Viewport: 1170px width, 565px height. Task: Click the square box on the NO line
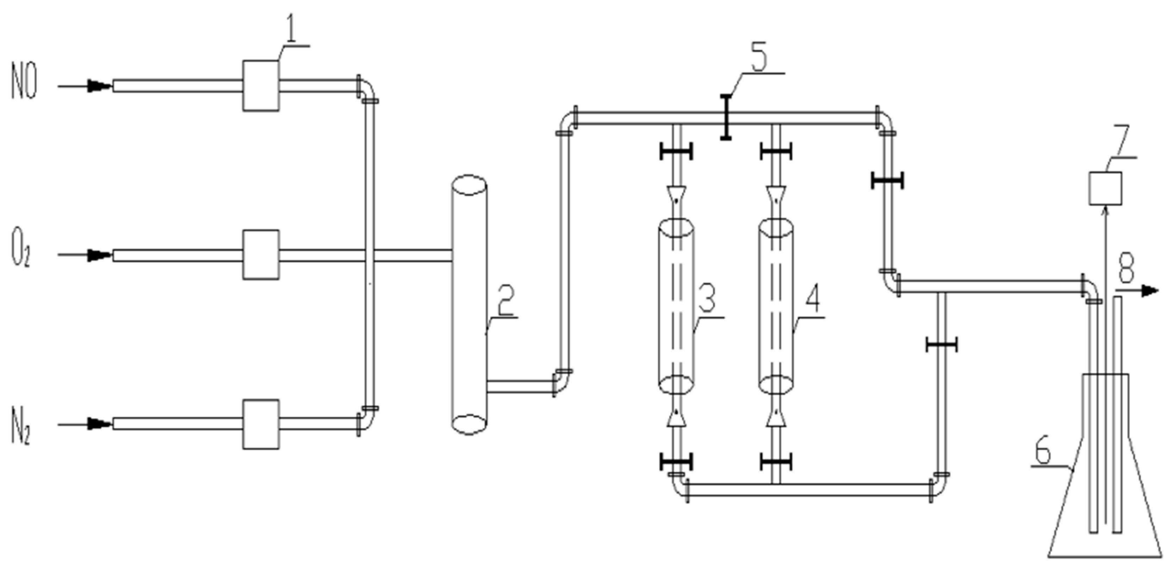pyautogui.click(x=261, y=86)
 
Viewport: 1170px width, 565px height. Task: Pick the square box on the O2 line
pyautogui.click(x=261, y=255)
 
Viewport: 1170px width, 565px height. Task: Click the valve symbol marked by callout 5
pyautogui.click(x=726, y=117)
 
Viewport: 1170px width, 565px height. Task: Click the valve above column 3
pyautogui.click(x=676, y=151)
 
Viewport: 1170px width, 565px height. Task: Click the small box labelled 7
pyautogui.click(x=1105, y=188)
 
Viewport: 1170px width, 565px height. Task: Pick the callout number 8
pyautogui.click(x=1126, y=268)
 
